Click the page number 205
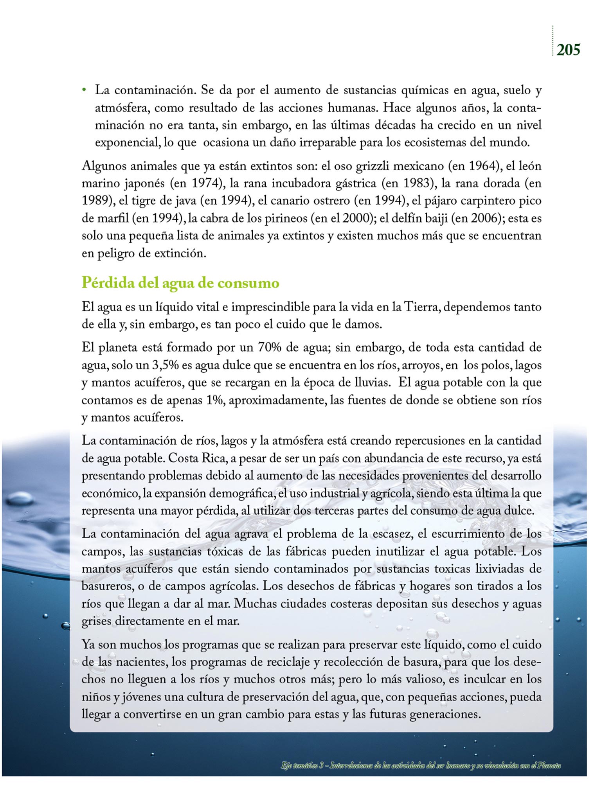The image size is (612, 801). [x=568, y=50]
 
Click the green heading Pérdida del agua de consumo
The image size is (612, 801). [x=180, y=282]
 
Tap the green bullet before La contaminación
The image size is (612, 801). [x=84, y=91]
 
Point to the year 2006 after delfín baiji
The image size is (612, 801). [x=485, y=218]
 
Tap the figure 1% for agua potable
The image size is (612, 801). [x=213, y=400]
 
